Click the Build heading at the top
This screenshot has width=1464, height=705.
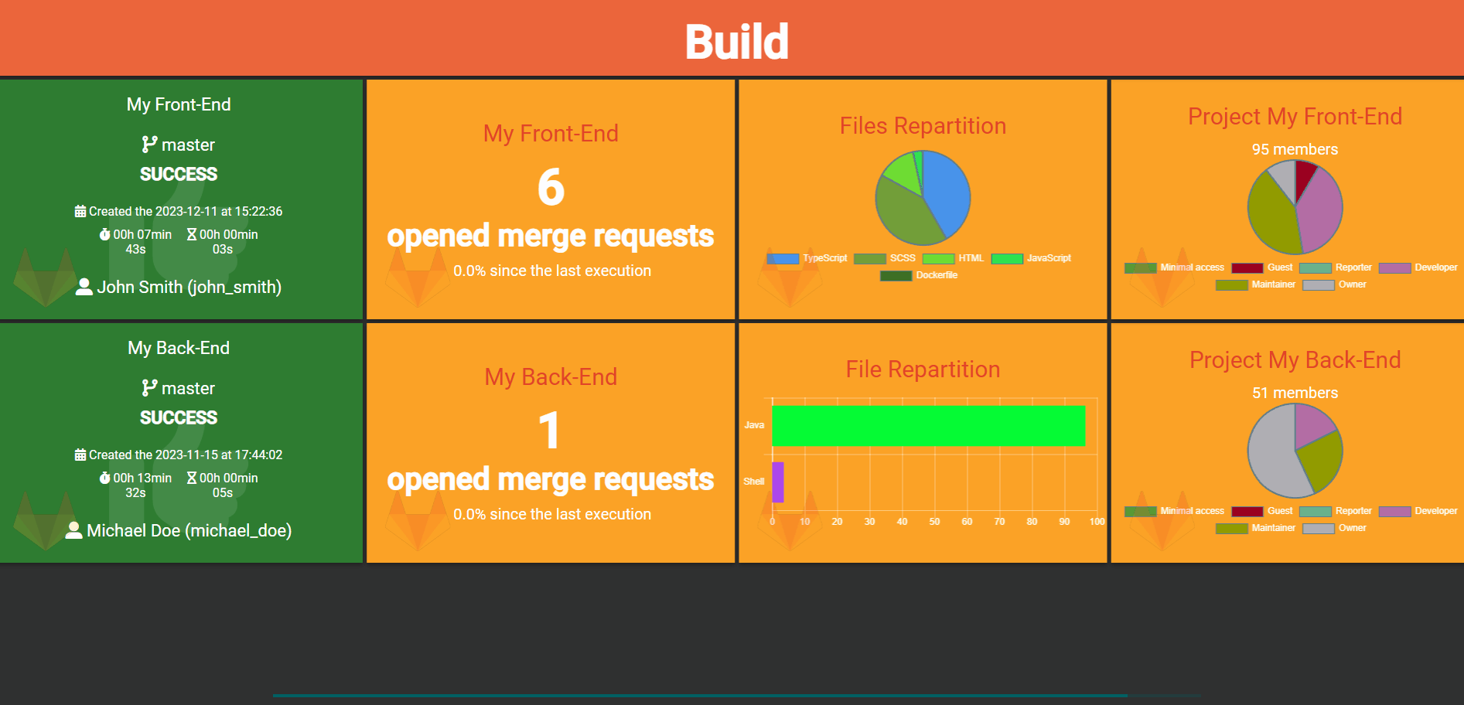click(736, 42)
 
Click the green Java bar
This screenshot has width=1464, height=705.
click(928, 426)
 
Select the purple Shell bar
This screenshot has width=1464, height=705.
click(778, 482)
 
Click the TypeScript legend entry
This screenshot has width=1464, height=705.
click(807, 258)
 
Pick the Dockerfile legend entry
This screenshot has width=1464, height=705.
click(920, 275)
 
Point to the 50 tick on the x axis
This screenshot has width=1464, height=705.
click(934, 522)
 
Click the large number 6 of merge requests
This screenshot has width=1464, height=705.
click(551, 187)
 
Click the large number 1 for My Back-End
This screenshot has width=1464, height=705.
click(549, 431)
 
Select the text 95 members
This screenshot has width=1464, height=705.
click(1295, 149)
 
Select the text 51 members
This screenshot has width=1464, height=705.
click(1295, 393)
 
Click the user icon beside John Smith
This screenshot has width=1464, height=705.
click(84, 287)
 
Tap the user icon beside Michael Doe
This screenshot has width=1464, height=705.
click(74, 530)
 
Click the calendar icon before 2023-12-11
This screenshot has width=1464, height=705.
click(80, 211)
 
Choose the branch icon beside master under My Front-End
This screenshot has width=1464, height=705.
click(149, 145)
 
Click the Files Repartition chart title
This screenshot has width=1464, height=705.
click(923, 126)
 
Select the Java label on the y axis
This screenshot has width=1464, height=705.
click(754, 425)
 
